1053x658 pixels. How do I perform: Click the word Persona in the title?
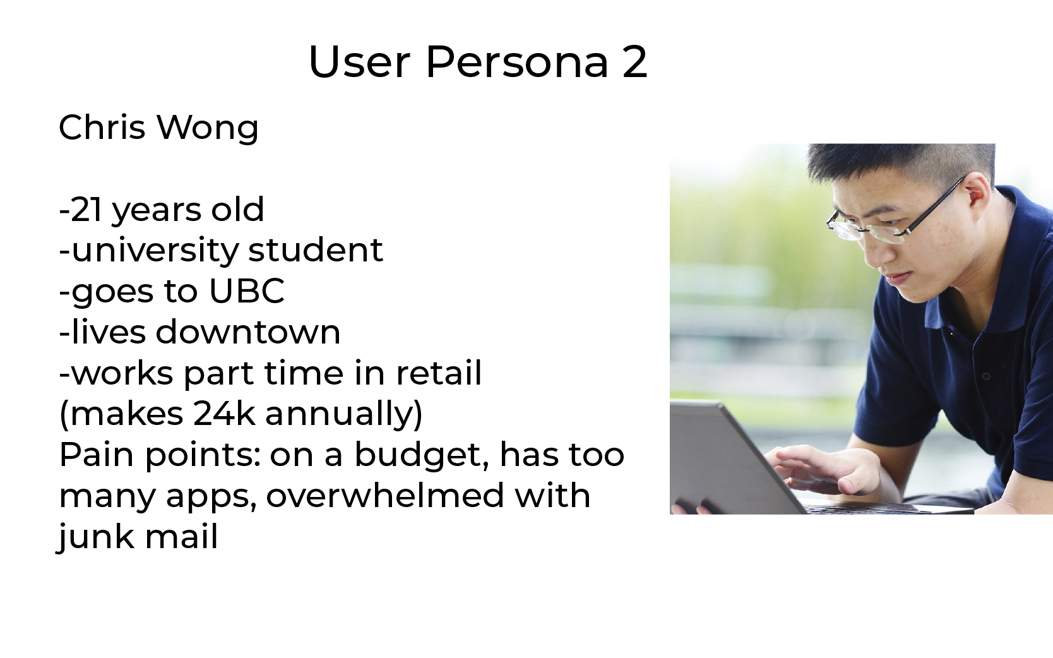click(517, 62)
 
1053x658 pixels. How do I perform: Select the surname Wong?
click(208, 128)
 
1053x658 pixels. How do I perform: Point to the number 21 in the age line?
click(87, 210)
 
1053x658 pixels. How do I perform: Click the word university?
click(155, 250)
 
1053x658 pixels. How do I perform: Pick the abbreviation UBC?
click(247, 290)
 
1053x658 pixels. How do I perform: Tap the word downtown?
click(247, 332)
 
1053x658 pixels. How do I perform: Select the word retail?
click(439, 373)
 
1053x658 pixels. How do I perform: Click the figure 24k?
click(223, 414)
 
